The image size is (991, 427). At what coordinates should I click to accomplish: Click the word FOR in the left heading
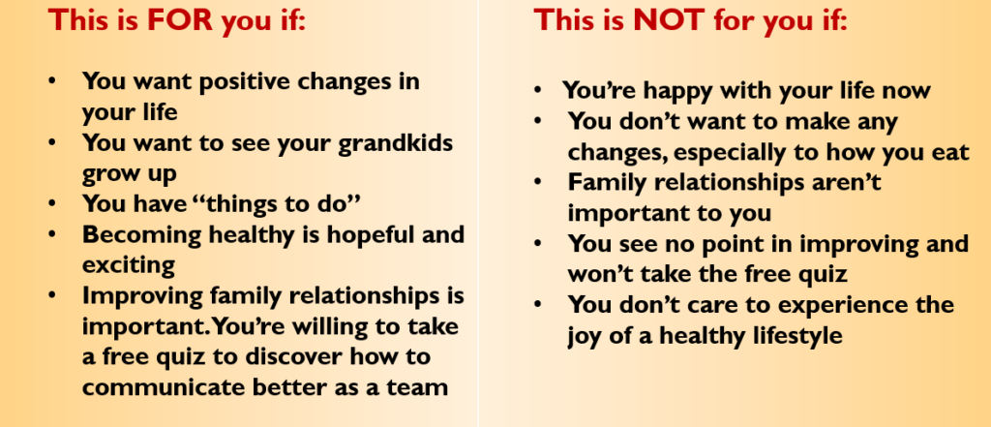click(180, 21)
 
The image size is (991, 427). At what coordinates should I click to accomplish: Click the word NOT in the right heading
click(669, 21)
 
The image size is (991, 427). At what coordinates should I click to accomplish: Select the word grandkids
click(395, 142)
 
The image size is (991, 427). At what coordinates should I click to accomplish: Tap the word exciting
click(129, 266)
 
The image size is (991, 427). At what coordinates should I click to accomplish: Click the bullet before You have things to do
click(52, 203)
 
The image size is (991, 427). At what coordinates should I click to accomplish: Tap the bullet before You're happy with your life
click(538, 91)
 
